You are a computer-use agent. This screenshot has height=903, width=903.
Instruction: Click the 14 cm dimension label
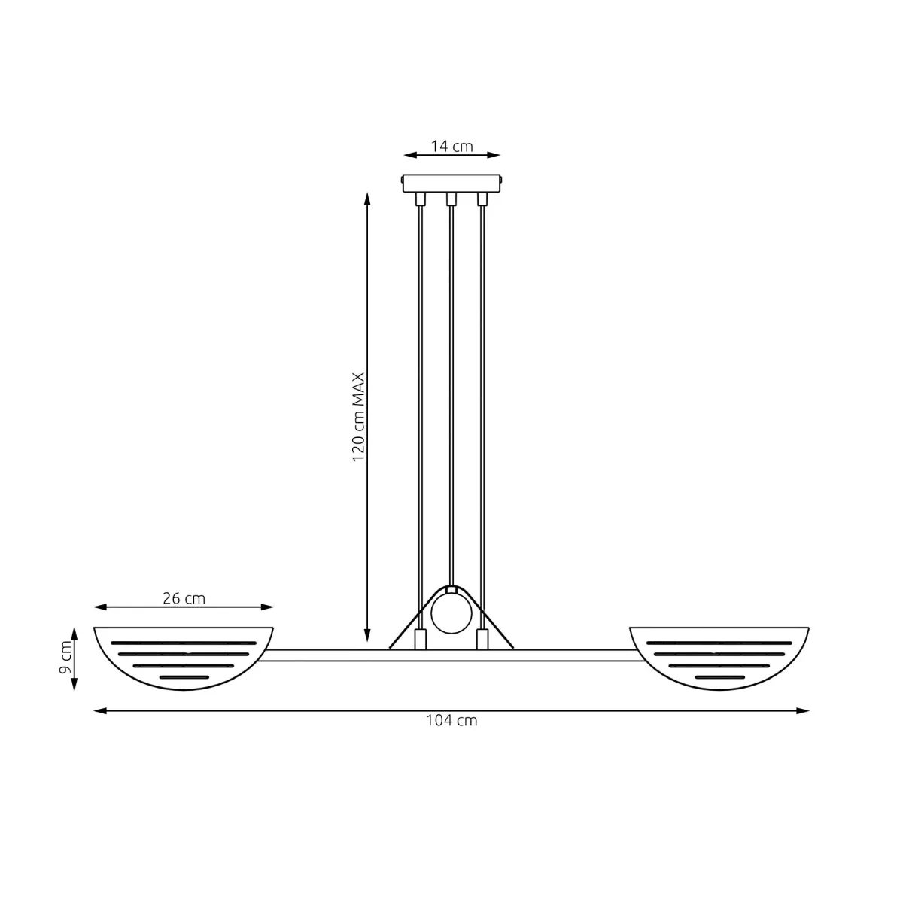tap(451, 146)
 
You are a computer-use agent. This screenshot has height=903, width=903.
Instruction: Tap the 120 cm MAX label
tap(359, 417)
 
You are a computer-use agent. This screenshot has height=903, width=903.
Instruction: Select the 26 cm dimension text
tap(184, 598)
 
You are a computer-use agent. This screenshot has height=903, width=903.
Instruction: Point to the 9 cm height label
tap(65, 658)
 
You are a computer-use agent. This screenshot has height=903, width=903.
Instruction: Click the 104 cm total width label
tap(451, 720)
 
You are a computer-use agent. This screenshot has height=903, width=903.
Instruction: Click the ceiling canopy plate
tap(451, 183)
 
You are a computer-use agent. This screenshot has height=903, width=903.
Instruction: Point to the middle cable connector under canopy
tap(451, 199)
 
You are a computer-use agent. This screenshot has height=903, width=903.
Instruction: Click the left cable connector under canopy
tap(421, 199)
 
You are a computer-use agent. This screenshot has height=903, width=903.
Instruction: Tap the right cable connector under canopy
tap(482, 199)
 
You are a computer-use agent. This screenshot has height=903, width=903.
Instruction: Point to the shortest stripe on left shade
tap(184, 677)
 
